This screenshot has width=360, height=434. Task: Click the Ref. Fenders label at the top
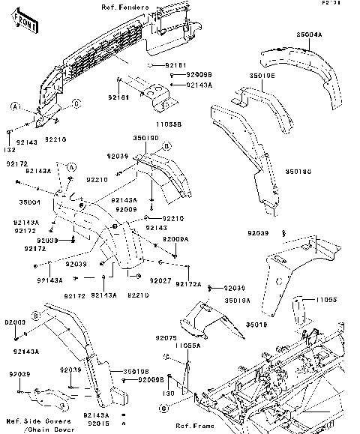125,7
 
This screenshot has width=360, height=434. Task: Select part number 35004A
309,35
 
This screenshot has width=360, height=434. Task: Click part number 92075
166,338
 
